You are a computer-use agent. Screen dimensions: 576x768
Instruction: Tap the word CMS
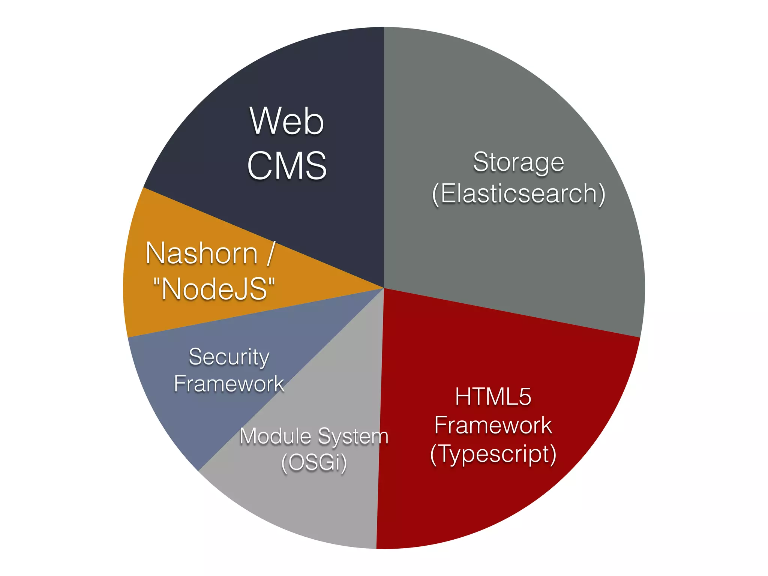coord(287,165)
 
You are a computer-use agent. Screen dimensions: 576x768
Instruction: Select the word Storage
coord(518,162)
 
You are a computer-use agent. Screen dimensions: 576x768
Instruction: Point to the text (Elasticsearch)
coord(519,194)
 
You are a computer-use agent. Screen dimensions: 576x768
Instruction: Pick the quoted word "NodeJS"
coord(214,289)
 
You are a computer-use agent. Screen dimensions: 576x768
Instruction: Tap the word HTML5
coord(493,396)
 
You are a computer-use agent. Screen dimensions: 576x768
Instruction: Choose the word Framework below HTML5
coord(493,425)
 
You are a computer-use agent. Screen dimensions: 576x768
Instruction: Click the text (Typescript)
coord(493,454)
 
